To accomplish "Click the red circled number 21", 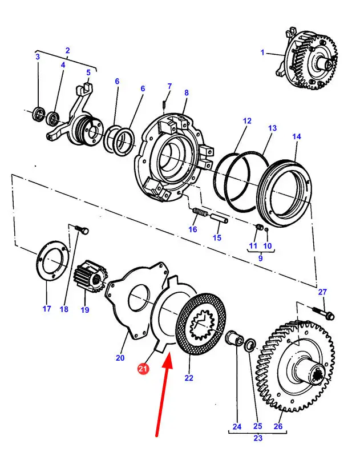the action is click(143, 369).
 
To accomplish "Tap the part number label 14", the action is click(296, 136).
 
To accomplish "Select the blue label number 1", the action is click(262, 53).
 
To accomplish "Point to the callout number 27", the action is click(322, 292).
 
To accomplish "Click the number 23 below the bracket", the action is click(258, 438).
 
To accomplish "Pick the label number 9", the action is click(260, 258).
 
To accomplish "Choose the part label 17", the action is click(47, 309).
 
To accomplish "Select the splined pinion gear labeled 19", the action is click(90, 277).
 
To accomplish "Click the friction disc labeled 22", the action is click(201, 324).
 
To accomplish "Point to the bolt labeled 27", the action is click(323, 313).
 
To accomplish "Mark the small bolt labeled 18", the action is click(82, 230).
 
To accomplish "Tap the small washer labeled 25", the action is click(250, 345).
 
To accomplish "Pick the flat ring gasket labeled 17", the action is click(53, 260).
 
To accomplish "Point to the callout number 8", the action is click(187, 93).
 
